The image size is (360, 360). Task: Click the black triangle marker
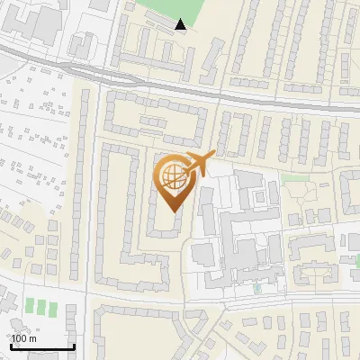pos(181,24)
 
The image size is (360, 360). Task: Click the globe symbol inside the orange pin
pos(173,176)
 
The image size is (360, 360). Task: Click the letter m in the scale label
pos(33,337)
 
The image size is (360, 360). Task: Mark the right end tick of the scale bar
pos(74,346)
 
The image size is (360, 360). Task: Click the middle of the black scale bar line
pos(41,347)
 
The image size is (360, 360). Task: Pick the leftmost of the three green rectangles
pos(29,306)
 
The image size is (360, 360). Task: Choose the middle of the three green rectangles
pos(41,306)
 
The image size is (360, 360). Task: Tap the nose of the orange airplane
pos(213,154)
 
